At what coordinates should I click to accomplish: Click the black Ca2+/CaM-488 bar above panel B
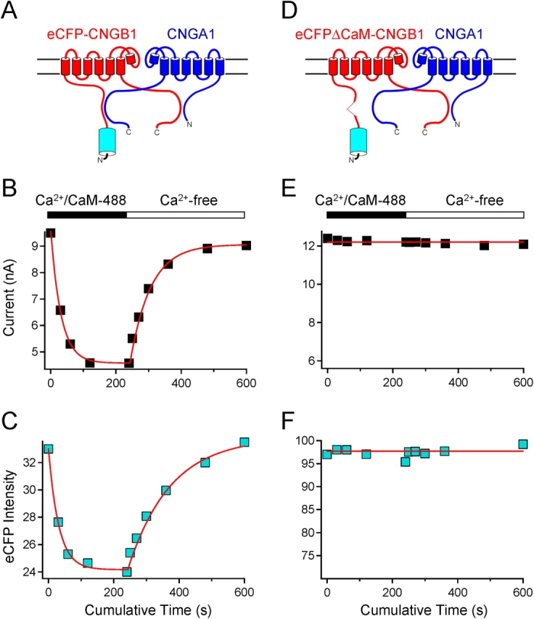(86, 215)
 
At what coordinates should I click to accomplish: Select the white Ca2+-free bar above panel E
(464, 215)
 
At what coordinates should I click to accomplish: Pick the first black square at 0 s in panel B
(51, 233)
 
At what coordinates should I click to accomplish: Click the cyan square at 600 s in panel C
(245, 442)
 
